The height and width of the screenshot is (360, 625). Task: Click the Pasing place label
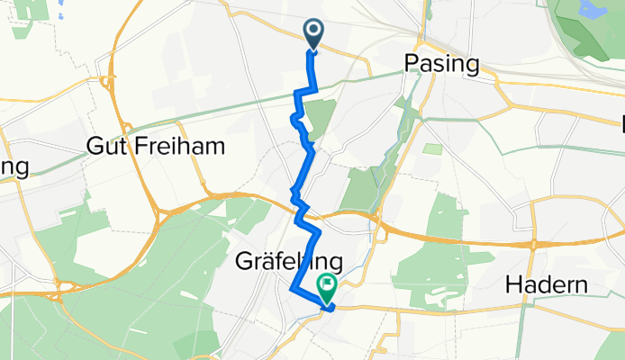(441, 64)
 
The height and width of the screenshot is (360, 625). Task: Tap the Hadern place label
(548, 285)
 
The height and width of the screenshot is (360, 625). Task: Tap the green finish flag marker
(326, 289)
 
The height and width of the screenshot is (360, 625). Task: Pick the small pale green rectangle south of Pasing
(433, 148)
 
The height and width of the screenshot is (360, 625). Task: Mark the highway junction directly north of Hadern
(538, 243)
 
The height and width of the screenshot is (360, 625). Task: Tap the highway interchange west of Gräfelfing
(163, 216)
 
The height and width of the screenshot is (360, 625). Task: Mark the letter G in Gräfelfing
(244, 262)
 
